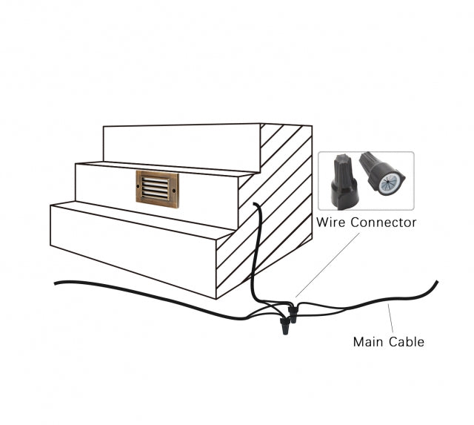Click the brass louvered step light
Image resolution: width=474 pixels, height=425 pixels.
pyautogui.click(x=158, y=188)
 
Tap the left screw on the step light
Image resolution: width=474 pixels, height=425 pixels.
pyautogui.click(x=141, y=188)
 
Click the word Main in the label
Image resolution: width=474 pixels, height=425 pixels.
pyautogui.click(x=368, y=342)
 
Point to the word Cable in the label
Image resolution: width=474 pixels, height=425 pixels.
pyautogui.click(x=407, y=342)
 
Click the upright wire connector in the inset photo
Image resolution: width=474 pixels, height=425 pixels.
pyautogui.click(x=342, y=180)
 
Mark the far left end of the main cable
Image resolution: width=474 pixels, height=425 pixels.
pyautogui.click(x=56, y=283)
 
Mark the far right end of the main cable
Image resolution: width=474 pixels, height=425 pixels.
pyautogui.click(x=437, y=281)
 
